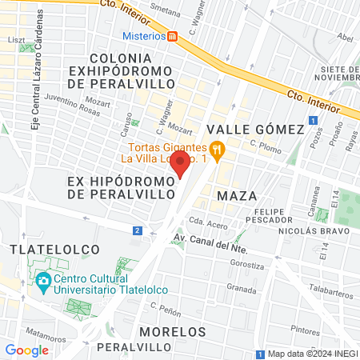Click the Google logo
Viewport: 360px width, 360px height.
pos(26,350)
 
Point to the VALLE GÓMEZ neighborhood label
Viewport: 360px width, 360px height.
pos(255,130)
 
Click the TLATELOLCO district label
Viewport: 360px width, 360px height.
pos(46,250)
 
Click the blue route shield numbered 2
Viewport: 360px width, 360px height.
pos(138,231)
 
